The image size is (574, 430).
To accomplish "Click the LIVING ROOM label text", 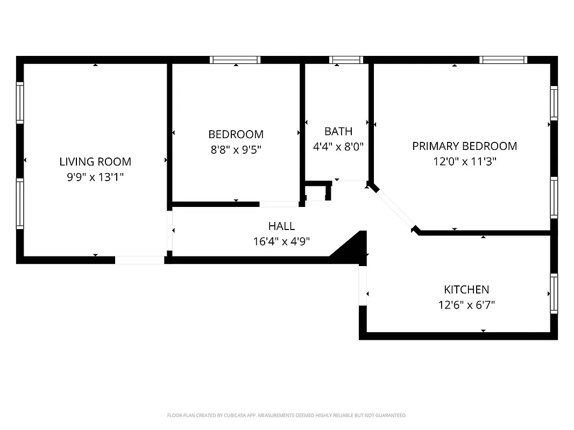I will point(95,161).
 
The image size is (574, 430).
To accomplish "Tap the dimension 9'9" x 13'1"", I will point(95,176).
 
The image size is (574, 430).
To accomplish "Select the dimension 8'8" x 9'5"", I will point(236,149).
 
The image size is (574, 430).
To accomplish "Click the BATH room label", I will point(338,131).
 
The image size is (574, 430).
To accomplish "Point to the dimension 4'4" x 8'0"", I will point(338,146).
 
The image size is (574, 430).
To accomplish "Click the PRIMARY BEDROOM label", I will point(464,146).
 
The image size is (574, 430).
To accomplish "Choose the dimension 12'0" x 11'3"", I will point(464,161).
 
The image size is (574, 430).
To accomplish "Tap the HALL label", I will point(281,226).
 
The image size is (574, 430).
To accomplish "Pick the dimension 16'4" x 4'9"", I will point(281,241).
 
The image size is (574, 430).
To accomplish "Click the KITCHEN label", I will point(466,290).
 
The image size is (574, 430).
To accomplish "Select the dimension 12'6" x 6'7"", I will point(466,305).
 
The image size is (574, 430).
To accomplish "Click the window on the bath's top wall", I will point(346,60).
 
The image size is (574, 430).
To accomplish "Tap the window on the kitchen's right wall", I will point(554,293).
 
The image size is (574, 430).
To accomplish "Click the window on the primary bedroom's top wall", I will point(503,60).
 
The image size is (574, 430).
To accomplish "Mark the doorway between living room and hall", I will point(169,231).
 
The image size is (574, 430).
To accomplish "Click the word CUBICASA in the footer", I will point(233,415).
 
